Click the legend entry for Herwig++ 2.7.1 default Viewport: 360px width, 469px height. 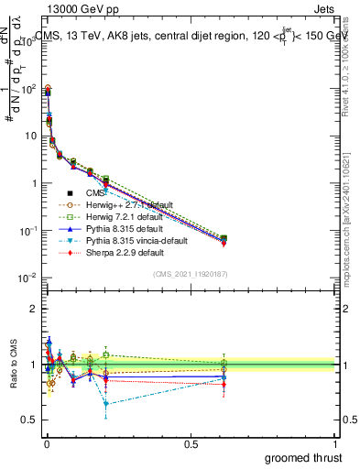tap(124, 205)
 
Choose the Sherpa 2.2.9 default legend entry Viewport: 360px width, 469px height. tap(118, 251)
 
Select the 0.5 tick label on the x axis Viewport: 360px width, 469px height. tap(191, 444)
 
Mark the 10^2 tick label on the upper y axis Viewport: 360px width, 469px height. tap(29, 88)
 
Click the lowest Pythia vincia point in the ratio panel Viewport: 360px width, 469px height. tap(106, 403)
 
